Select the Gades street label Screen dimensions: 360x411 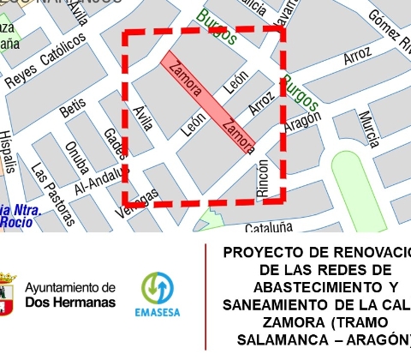(113, 145)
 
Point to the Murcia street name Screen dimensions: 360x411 (369, 129)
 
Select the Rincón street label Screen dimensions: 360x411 (263, 178)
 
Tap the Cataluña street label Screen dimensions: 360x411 (269, 227)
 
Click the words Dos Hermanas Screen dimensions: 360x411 (69, 302)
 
